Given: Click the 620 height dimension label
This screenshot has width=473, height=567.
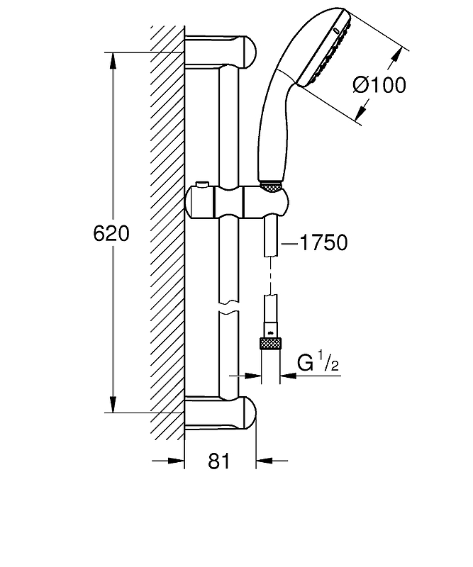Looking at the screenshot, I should pos(111,233).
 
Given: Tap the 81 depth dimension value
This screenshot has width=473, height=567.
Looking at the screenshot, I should pos(220,461).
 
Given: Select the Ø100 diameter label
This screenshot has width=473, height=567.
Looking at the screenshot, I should pos(379,86).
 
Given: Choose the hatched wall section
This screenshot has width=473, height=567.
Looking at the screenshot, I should pos(167,234).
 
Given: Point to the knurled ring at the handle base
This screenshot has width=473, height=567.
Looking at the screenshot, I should pos(270,186).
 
